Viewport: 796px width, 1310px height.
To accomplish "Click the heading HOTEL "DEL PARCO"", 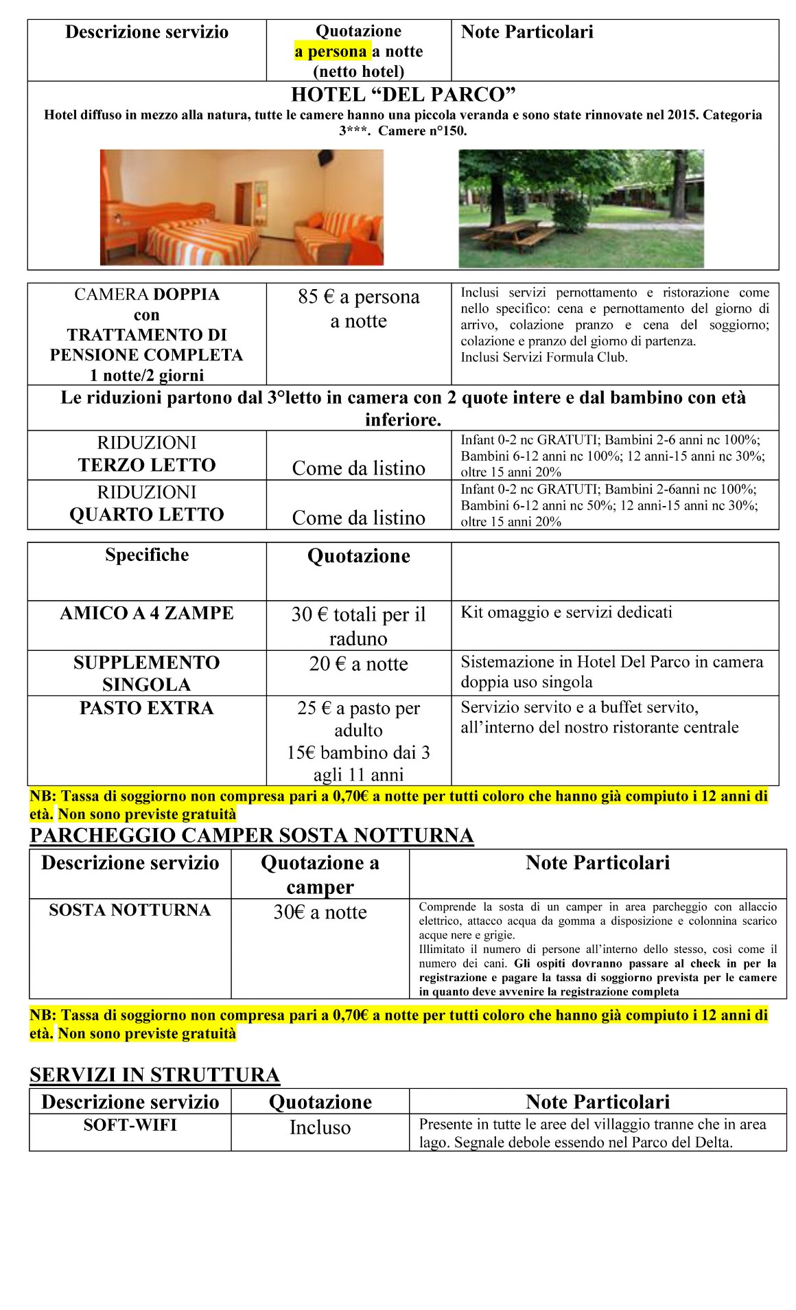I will click(x=403, y=94).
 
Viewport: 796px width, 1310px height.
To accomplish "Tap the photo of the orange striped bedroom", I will click(x=242, y=207).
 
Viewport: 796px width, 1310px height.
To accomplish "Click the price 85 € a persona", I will click(x=358, y=297).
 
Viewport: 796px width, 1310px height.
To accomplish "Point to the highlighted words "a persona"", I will click(x=331, y=51).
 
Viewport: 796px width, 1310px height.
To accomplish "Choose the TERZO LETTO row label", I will click(x=147, y=465).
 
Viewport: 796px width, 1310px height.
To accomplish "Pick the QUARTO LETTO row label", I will click(x=147, y=514).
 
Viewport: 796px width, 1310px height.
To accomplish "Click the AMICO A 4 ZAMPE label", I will click(x=147, y=613).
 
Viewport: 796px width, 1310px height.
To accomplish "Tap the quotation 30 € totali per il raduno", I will click(x=358, y=625).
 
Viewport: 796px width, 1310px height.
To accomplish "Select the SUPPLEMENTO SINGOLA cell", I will click(x=147, y=673).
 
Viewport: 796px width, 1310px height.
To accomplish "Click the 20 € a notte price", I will click(x=358, y=664).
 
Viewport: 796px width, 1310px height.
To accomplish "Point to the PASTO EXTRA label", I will click(x=147, y=708).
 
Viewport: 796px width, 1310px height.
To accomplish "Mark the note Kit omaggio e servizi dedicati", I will click(x=566, y=612).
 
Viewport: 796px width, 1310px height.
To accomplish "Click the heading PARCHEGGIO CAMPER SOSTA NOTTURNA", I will click(x=252, y=835).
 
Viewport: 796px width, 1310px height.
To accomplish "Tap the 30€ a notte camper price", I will click(x=320, y=912).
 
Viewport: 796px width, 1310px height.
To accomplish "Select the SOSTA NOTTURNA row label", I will click(x=130, y=910).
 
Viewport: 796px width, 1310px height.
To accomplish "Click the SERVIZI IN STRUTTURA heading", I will click(x=154, y=1075).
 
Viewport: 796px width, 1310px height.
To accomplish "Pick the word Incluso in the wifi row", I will click(x=320, y=1127).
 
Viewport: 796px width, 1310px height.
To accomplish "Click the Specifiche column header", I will click(x=147, y=555).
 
